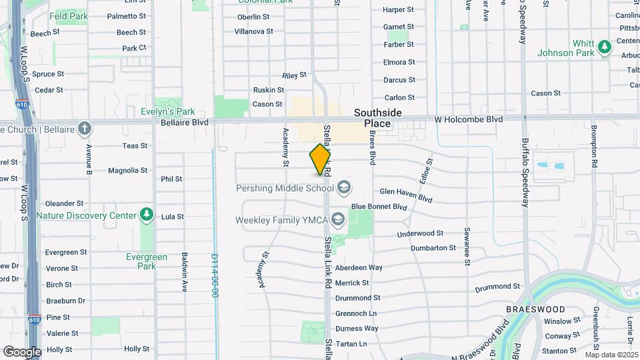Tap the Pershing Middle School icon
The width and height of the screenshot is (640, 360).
pos(344,187)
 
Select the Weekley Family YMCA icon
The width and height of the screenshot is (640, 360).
pos(338,219)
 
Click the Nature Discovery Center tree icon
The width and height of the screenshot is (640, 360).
pos(146,215)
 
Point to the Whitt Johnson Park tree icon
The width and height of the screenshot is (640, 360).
pos(604,47)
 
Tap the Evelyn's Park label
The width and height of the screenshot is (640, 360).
pos(167,112)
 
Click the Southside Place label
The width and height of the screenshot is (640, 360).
pos(377,118)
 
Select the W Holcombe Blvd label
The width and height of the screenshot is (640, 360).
pos(468,119)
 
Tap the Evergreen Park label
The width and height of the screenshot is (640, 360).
pos(147,261)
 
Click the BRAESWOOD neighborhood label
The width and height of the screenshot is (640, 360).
pos(535,309)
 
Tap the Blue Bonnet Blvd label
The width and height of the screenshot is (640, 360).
pos(379,207)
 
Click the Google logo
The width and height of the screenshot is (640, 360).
pos(22,351)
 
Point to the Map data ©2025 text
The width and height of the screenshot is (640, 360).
pos(611,355)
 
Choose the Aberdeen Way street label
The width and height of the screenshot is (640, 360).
pos(359,267)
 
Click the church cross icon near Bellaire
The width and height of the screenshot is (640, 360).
pos(85,128)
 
